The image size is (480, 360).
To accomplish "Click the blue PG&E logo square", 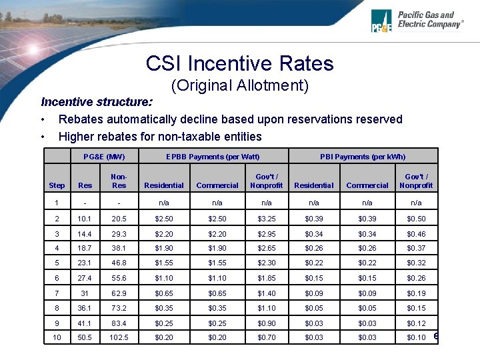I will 383,21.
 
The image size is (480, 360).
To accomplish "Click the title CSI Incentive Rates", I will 239,63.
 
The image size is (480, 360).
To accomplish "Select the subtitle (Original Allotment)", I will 239,85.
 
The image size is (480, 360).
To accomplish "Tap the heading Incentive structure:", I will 97,102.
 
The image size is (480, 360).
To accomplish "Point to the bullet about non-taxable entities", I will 160,137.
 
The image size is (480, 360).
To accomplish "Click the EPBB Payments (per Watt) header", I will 213,157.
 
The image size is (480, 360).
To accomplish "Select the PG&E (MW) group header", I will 103,157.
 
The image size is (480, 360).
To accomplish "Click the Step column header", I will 57,185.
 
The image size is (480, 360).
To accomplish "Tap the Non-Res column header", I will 119,181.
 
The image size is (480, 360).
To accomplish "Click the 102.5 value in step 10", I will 119,338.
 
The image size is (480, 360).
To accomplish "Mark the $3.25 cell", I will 267,219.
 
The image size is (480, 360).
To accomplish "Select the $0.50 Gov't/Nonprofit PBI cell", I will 417,219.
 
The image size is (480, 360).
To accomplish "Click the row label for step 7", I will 57,293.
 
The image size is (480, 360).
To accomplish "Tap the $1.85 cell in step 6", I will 267,279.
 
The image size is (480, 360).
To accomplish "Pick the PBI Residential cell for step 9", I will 313,323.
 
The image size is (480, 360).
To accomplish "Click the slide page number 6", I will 436,336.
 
